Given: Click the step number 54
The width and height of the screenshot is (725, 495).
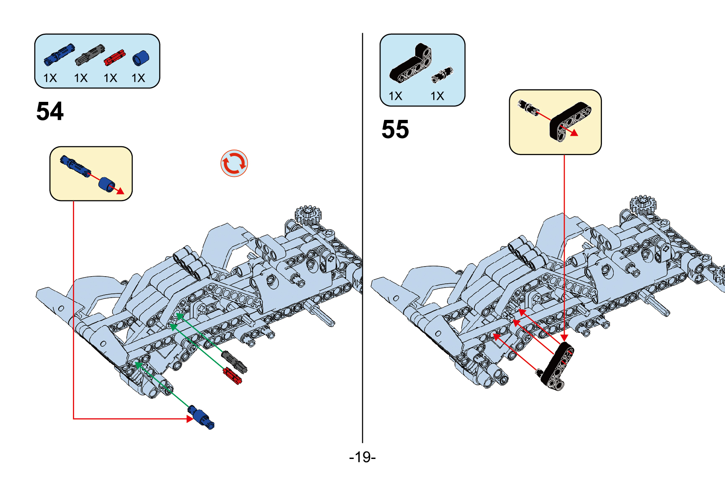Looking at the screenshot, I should point(50,111).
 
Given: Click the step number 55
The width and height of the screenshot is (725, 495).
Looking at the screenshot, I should point(395,130).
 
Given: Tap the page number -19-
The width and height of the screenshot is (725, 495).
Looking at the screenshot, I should point(362,457).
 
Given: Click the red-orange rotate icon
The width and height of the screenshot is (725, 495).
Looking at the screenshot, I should point(234,163).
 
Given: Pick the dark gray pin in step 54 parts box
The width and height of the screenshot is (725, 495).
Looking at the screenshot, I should point(89,54).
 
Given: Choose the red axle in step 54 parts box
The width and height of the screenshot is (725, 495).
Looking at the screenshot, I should point(114,57).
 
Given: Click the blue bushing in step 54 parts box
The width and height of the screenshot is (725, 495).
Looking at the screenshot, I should point(141,58).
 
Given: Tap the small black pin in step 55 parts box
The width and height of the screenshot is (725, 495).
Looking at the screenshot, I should point(442,75).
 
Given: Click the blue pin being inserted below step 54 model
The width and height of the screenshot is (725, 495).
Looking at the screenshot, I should point(201,417).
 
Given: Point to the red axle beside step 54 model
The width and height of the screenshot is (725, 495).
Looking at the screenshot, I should point(232,376).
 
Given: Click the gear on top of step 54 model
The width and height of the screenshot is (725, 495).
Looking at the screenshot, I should point(308,215).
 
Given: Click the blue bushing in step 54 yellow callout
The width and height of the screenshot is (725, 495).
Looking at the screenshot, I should point(107,184).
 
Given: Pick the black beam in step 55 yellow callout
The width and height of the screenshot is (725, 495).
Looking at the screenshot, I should point(570,121).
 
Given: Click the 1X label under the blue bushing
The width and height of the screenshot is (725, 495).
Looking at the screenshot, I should point(138,78).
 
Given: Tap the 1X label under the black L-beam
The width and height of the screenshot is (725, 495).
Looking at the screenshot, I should point(395,96).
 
